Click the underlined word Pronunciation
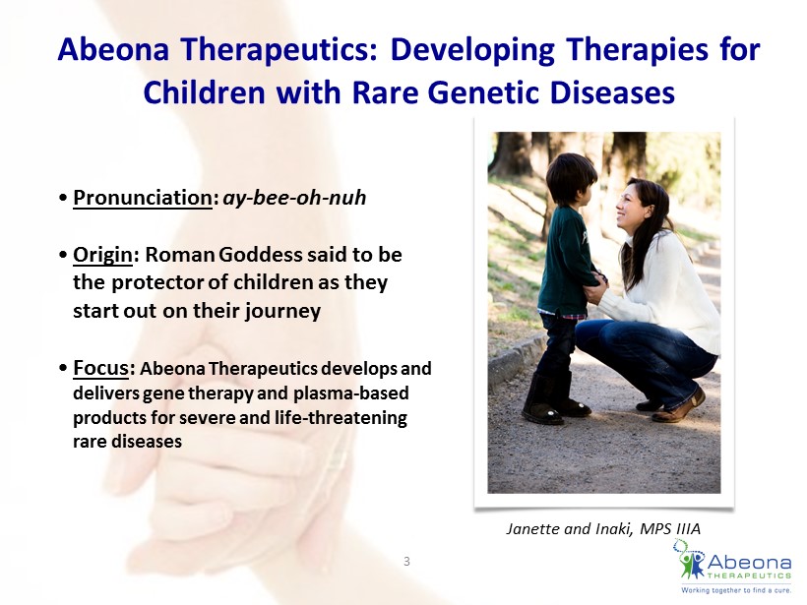point(143,198)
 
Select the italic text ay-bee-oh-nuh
point(294,198)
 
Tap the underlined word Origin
point(103,255)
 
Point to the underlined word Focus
point(100,368)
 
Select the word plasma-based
point(351,393)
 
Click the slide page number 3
point(406,562)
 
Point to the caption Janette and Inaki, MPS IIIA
point(603,529)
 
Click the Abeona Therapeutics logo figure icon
point(691,561)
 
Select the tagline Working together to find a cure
point(736,590)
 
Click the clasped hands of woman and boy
point(597,286)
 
